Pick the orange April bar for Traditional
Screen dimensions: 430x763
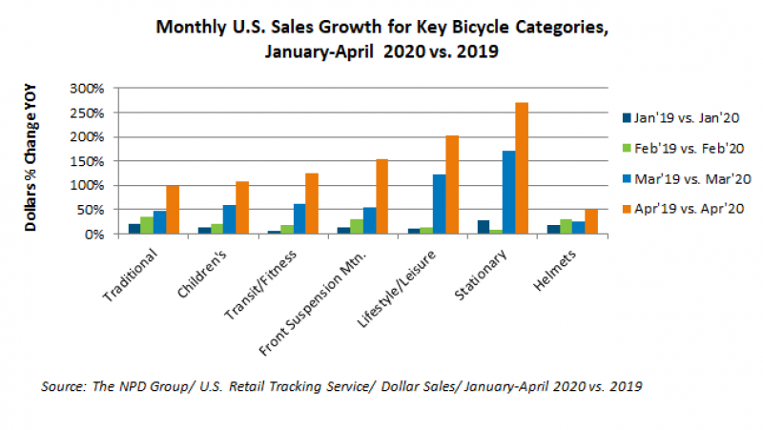pos(173,210)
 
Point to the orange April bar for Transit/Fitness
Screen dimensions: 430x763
pos(312,203)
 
